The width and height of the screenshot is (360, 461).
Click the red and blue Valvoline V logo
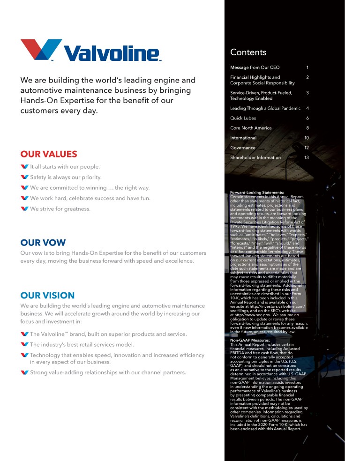click(41, 49)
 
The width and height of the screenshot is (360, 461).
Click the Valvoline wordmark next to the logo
click(112, 53)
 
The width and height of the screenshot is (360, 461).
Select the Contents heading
click(248, 52)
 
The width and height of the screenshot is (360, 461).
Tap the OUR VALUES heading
click(49, 154)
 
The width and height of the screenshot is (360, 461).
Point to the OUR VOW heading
click(43, 243)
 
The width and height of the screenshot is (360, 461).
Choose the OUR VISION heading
click(47, 295)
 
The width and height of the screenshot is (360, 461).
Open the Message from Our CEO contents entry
click(255, 68)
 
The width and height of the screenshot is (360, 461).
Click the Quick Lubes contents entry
click(243, 118)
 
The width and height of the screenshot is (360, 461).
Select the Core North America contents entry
click(251, 128)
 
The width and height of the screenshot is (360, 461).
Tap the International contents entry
click(243, 138)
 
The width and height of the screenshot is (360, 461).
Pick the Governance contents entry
click(243, 148)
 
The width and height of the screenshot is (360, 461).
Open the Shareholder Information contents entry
click(255, 157)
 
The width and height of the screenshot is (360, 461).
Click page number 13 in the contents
click(307, 157)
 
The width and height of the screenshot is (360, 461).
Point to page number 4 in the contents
click(307, 108)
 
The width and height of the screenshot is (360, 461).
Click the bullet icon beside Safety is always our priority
click(25, 177)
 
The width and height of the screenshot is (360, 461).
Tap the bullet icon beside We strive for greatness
click(25, 208)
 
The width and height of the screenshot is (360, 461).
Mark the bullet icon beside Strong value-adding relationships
click(25, 372)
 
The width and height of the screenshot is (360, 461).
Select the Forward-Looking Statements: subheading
click(257, 192)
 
